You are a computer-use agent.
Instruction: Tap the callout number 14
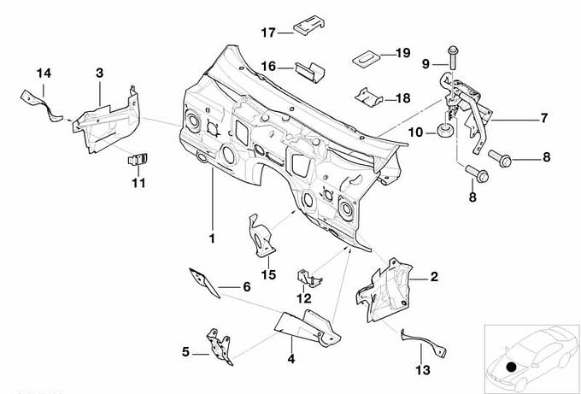pyautogui.click(x=43, y=74)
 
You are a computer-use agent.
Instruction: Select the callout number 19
pyautogui.click(x=402, y=53)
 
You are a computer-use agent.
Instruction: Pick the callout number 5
pyautogui.click(x=185, y=350)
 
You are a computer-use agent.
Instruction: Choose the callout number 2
pyautogui.click(x=434, y=276)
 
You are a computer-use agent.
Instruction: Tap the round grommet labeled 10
pyautogui.click(x=444, y=131)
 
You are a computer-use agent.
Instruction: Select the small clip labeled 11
pyautogui.click(x=138, y=158)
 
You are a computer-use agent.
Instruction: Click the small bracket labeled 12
pyautogui.click(x=307, y=278)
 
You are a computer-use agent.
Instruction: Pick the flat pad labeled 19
pyautogui.click(x=366, y=57)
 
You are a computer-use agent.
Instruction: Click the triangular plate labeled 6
pyautogui.click(x=203, y=281)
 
